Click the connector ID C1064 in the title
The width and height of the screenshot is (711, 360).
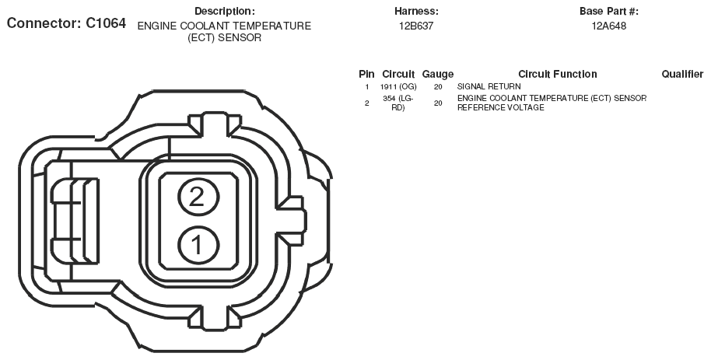pos(106,23)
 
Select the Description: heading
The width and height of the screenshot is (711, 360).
pos(225,12)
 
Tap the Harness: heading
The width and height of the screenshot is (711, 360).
pos(416,12)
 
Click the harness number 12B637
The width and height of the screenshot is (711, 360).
pos(416,26)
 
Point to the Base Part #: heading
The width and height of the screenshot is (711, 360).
pos(608,12)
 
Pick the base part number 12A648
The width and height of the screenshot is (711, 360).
pos(609,26)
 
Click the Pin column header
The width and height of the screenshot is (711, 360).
pos(366,74)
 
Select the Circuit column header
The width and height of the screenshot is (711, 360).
pos(398,74)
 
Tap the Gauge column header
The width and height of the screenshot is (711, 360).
pos(438,75)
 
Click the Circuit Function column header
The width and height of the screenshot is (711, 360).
pos(557,74)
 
